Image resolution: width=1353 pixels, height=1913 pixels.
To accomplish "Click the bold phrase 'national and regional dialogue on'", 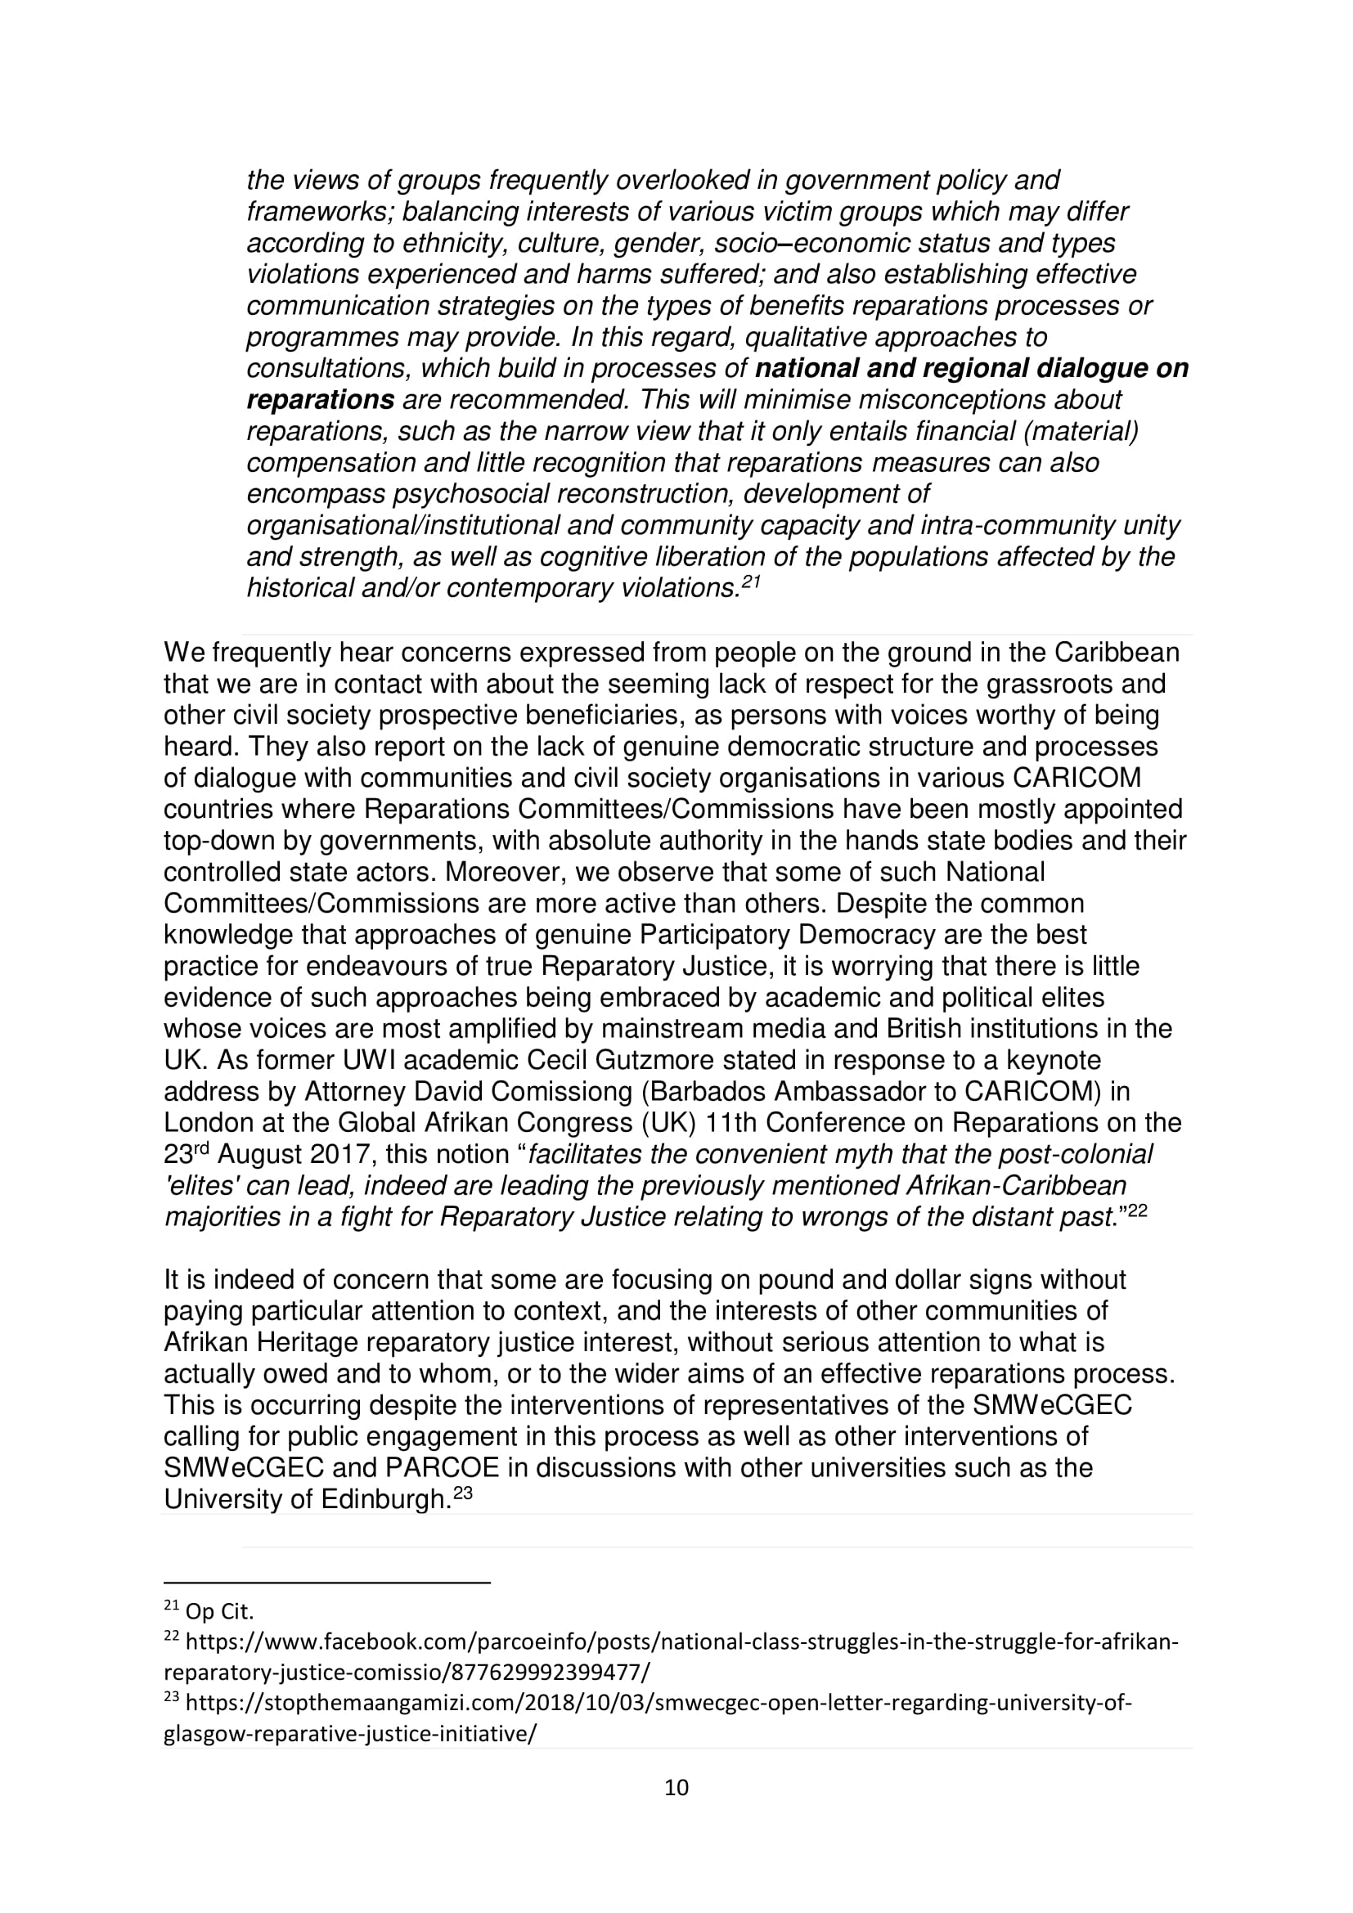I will coord(972,368).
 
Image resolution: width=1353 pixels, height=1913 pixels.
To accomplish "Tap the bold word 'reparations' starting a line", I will coord(320,400).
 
